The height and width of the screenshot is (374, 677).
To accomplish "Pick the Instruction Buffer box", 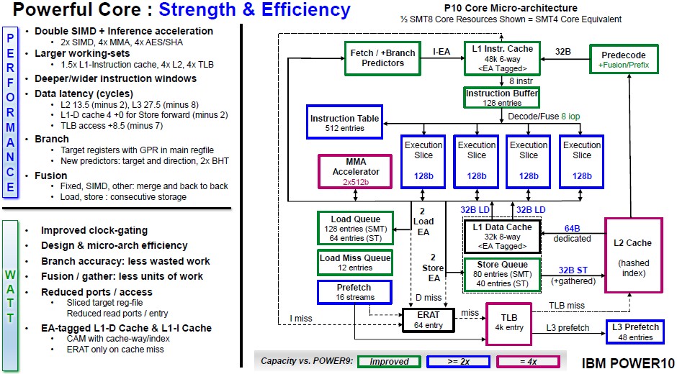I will coord(501,98).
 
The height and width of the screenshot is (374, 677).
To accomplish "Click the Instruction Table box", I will coord(344,123).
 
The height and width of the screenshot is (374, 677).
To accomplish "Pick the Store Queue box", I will coord(502,274).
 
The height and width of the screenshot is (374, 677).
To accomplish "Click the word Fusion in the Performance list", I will coord(51,175).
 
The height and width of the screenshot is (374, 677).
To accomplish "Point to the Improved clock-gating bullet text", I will coord(94,230).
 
